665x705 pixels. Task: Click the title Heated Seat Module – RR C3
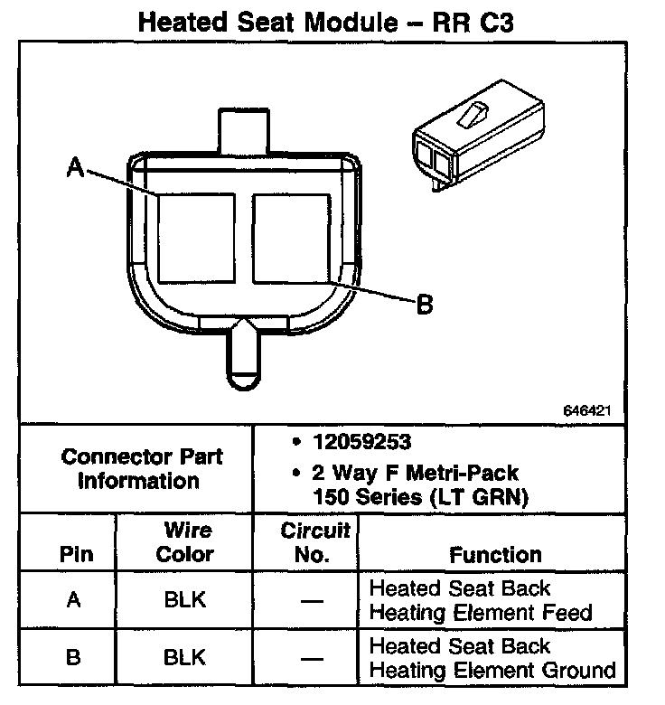coord(325,22)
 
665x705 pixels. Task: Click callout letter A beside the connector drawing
coord(76,167)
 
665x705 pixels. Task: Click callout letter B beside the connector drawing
coord(425,305)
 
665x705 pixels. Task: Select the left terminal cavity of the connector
coord(196,237)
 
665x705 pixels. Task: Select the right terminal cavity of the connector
coord(289,237)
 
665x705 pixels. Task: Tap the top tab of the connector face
coord(243,130)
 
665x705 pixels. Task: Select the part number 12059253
coord(360,443)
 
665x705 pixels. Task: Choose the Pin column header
coord(75,554)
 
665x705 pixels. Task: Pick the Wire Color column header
coord(185,541)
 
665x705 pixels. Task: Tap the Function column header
coord(495,554)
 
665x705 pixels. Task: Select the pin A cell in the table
coord(75,600)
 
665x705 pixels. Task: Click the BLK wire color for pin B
coord(185,658)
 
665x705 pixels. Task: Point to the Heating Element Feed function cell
coord(481,600)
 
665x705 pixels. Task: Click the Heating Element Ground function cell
coord(492,658)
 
